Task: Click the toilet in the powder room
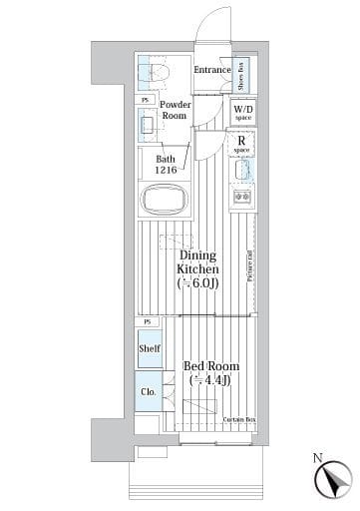click(158, 71)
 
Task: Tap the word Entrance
click(211, 70)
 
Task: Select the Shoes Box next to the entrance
click(243, 72)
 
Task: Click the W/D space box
click(243, 112)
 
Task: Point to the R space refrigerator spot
click(242, 144)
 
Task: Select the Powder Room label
click(175, 110)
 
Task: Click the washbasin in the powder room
click(150, 125)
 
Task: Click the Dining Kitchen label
click(197, 261)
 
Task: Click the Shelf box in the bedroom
click(149, 348)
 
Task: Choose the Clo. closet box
click(148, 391)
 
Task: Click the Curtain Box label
click(236, 419)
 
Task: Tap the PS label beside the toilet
click(147, 100)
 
